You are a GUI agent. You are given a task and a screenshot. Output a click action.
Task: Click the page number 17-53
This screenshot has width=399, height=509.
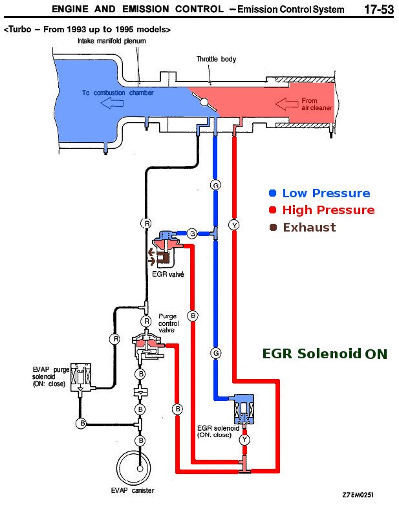pos(378,10)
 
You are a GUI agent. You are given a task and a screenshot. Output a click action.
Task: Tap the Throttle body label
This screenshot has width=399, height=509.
pos(216,60)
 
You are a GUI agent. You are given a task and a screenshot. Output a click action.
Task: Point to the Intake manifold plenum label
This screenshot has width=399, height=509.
pos(112,41)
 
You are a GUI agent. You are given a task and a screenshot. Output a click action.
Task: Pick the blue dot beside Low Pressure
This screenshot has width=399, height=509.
pos(273,193)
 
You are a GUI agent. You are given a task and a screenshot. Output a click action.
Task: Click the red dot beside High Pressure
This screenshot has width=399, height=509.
pos(273,210)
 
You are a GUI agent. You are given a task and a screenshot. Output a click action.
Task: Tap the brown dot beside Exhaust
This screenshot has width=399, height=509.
pos(273,227)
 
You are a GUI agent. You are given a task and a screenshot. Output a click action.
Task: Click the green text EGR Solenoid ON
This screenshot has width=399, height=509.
pos(325,354)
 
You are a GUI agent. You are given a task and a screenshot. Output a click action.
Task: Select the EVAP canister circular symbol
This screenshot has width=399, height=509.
pos(139,464)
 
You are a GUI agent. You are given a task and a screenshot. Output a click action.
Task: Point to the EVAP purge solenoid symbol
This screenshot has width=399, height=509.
pos(81,377)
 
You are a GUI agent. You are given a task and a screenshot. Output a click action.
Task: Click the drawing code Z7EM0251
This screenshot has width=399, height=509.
pos(358,495)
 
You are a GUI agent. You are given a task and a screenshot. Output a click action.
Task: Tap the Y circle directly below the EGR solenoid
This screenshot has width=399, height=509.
pos(244,440)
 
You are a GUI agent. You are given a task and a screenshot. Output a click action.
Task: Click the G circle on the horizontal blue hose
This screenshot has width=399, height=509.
pos(191,233)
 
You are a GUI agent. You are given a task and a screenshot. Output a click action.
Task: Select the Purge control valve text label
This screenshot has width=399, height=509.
pos(167,323)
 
